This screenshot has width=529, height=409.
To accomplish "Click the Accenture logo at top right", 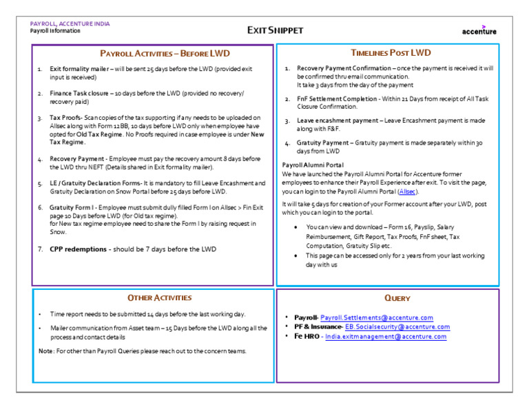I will [479, 30].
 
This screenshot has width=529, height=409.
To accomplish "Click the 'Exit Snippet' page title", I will [275, 30].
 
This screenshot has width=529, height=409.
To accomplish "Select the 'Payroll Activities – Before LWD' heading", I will [165, 53].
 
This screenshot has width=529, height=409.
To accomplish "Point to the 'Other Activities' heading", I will [159, 297].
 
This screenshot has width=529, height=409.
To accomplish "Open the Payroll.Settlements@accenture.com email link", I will [377, 317].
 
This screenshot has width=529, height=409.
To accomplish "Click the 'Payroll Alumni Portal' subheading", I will [313, 165].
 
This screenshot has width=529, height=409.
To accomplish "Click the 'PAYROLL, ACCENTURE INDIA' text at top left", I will [70, 23].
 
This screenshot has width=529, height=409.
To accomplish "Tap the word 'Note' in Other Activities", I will [45, 351].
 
